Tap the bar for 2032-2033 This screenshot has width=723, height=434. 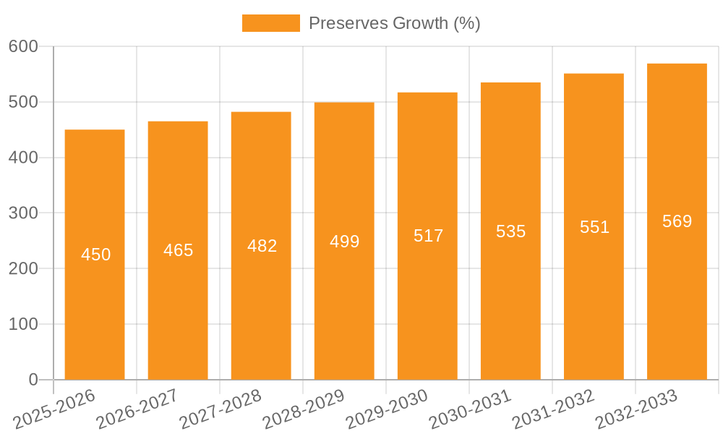pyautogui.click(x=677, y=289)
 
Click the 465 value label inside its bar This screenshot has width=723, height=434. pyautogui.click(x=178, y=250)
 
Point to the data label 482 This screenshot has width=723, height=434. pyautogui.click(x=262, y=246)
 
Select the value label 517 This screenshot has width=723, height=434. pyautogui.click(x=428, y=236)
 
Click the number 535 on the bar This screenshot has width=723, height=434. pyautogui.click(x=510, y=231)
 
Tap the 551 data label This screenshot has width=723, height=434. pyautogui.click(x=594, y=227)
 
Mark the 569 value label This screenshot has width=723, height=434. pyautogui.click(x=677, y=221)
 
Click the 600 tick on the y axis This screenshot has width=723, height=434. pyautogui.click(x=23, y=46)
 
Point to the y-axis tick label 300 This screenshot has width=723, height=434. pyautogui.click(x=23, y=213)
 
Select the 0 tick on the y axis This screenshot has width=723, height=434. pyautogui.click(x=33, y=380)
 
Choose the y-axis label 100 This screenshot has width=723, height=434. pyautogui.click(x=23, y=324)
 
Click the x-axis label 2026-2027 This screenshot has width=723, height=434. pyautogui.click(x=137, y=409)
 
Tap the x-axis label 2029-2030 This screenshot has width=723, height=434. pyautogui.click(x=387, y=409)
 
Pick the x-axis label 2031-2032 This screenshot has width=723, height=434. pyautogui.click(x=553, y=409)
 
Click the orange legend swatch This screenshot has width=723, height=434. pyautogui.click(x=270, y=23)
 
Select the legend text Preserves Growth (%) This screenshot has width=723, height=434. pyautogui.click(x=394, y=23)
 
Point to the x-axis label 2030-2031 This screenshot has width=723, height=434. pyautogui.click(x=470, y=409)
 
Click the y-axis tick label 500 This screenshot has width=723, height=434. pyautogui.click(x=23, y=102)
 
